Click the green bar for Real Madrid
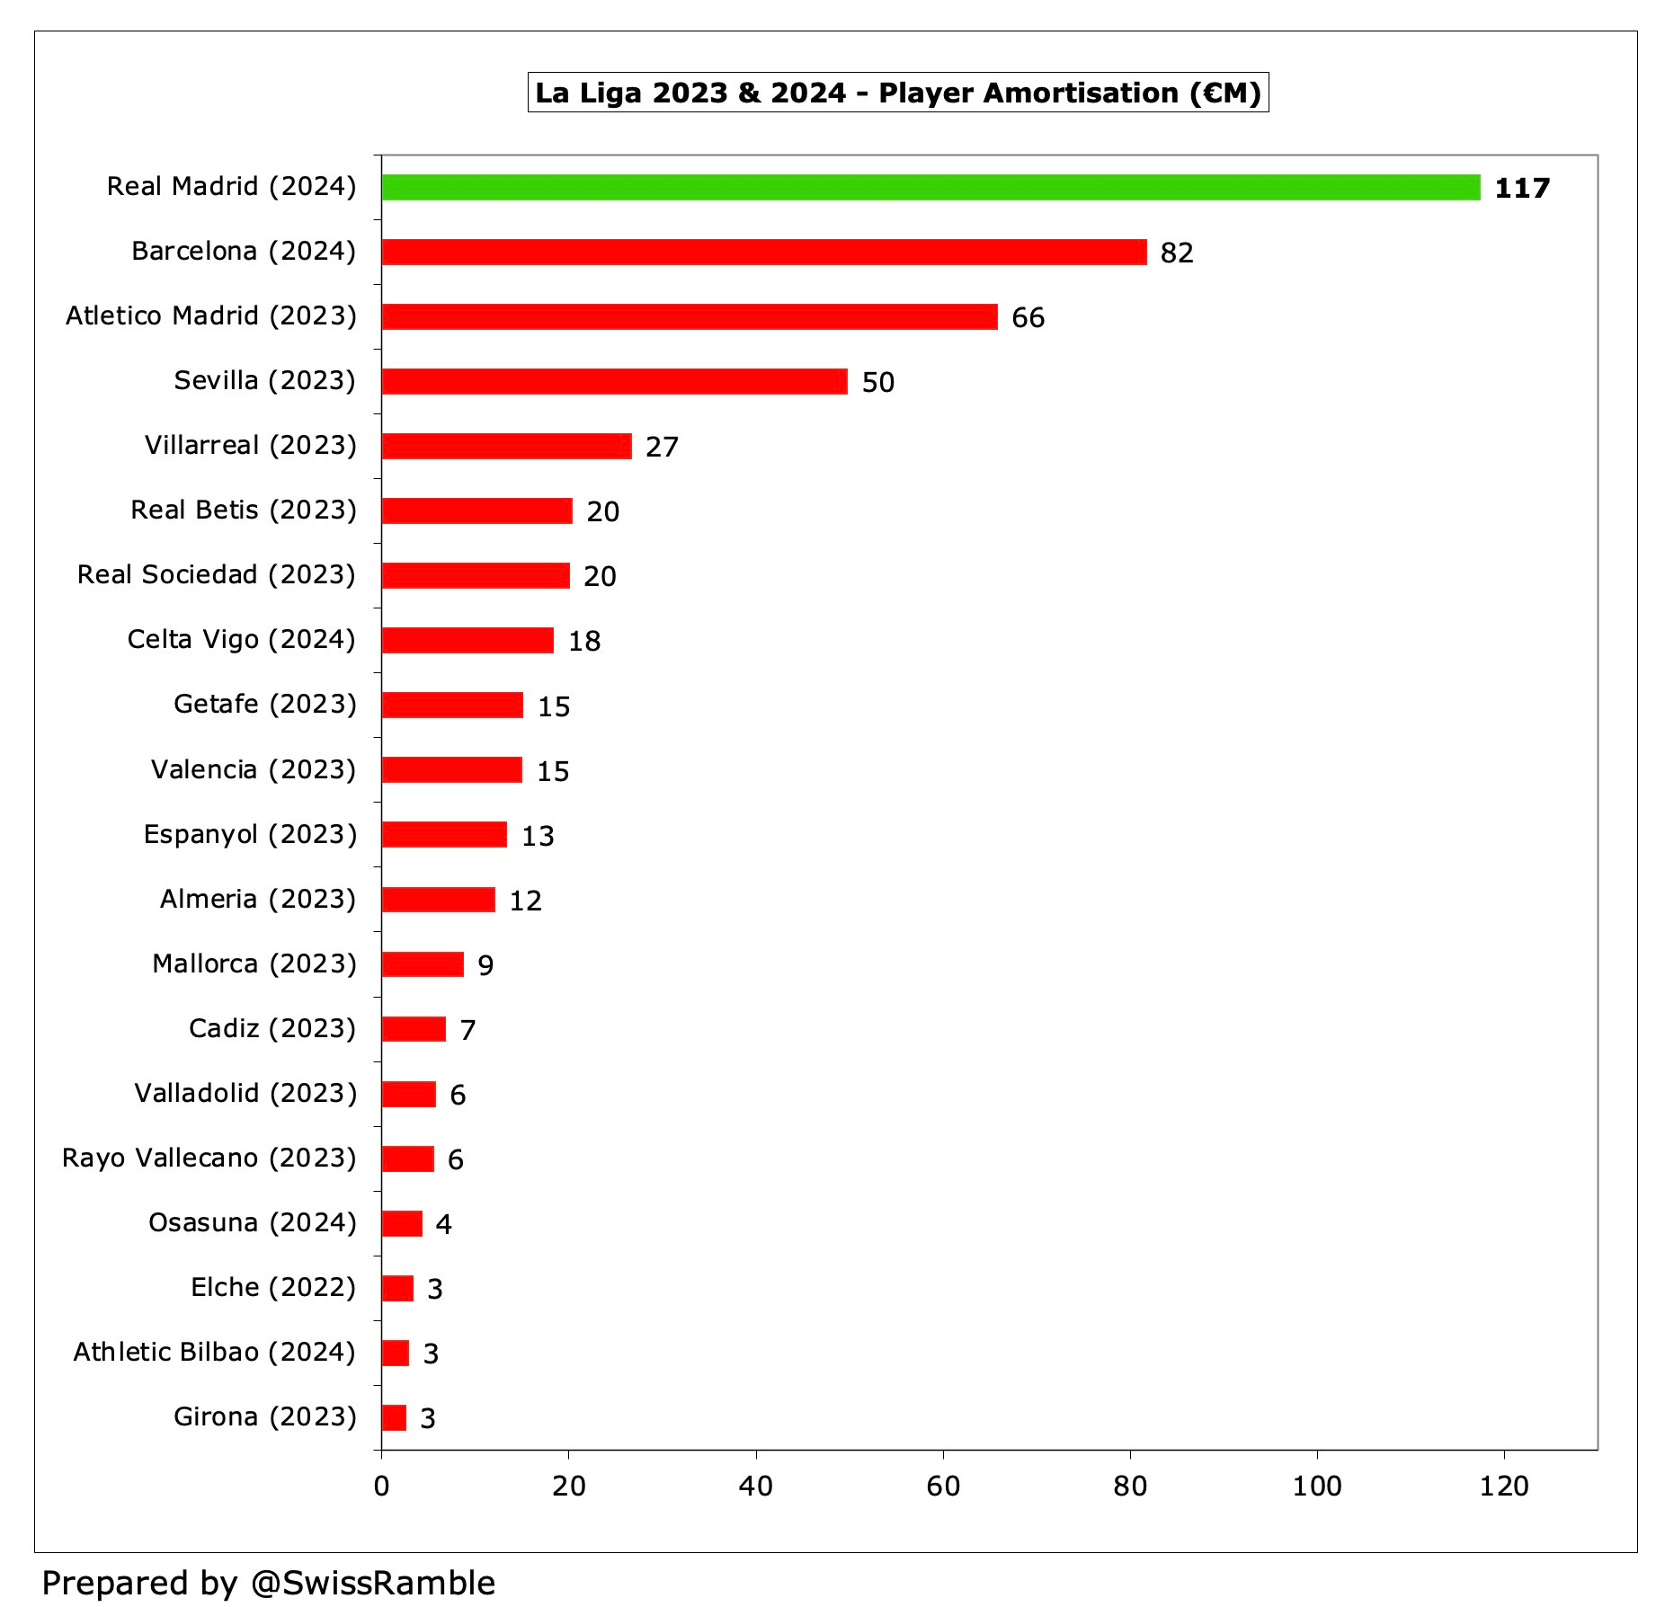point(930,187)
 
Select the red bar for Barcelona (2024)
point(764,252)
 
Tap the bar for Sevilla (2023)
point(614,381)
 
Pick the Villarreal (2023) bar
point(506,446)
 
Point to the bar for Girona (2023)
point(394,1417)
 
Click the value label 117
point(1522,188)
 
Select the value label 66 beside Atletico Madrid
point(1028,317)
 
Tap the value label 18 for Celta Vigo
point(584,641)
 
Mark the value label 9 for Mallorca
point(485,965)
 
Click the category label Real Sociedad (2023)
point(217,574)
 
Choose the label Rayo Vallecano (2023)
point(209,1158)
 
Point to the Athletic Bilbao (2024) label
point(215,1352)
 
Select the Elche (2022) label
point(273,1287)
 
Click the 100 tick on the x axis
point(1317,1486)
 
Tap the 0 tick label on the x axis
point(381,1486)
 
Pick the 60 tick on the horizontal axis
point(943,1486)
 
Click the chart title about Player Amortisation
point(898,93)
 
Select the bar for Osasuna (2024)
point(402,1223)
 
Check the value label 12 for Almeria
point(526,901)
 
